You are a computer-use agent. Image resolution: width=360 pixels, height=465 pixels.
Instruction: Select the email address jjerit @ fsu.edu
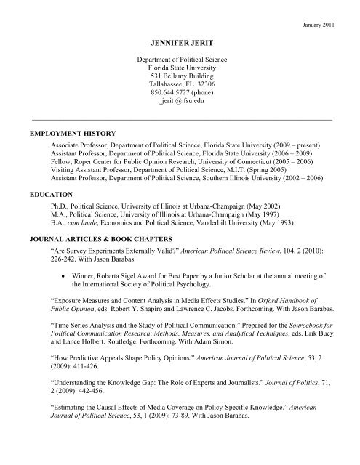point(179,104)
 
